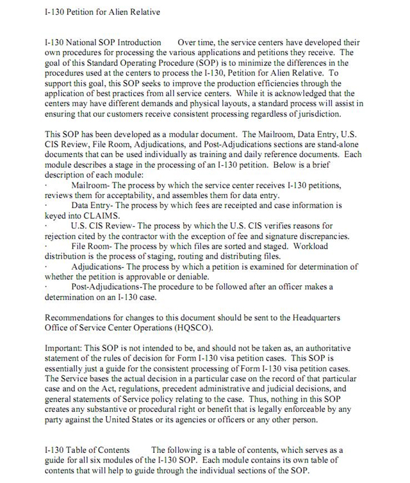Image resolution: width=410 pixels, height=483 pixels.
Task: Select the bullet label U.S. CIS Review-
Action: click(x=102, y=226)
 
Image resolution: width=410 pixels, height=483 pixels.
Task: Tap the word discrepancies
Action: click(x=319, y=236)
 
